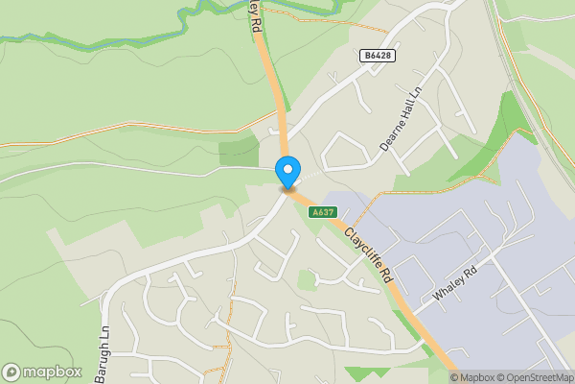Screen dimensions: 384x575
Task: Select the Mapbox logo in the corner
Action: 42,372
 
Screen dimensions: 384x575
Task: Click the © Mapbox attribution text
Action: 471,377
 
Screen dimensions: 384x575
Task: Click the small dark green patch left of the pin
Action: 238,153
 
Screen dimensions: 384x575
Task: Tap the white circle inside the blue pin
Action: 287,169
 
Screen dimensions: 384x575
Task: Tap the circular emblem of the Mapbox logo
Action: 11,372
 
